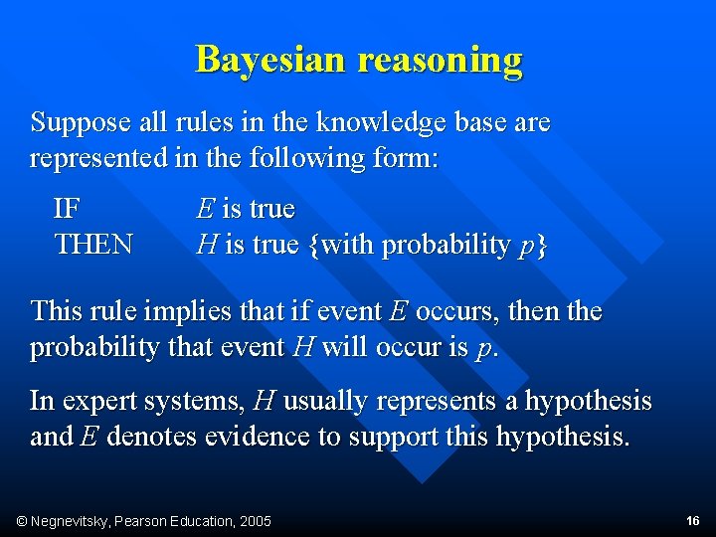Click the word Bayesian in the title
(x=271, y=60)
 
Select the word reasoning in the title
(x=440, y=60)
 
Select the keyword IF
(x=68, y=209)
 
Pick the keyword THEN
(x=93, y=245)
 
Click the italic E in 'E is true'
(x=205, y=209)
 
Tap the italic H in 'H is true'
(x=207, y=245)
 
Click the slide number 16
(x=693, y=521)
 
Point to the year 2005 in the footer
(x=254, y=521)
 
